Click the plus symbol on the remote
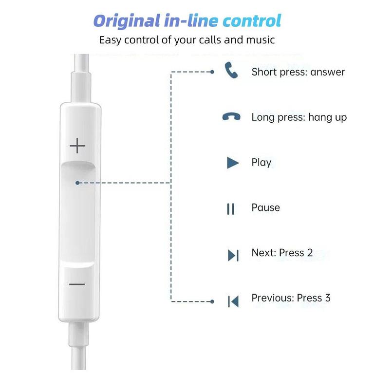pyautogui.click(x=77, y=146)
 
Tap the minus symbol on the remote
pyautogui.click(x=77, y=284)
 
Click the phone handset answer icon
pyautogui.click(x=231, y=71)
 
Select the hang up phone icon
pyautogui.click(x=231, y=117)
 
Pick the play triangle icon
pyautogui.click(x=233, y=163)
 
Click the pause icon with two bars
pyautogui.click(x=231, y=209)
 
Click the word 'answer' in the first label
pyautogui.click(x=327, y=72)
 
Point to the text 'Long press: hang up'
pyautogui.click(x=299, y=117)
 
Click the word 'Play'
pyautogui.click(x=261, y=163)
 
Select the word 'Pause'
pyautogui.click(x=265, y=207)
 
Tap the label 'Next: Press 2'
pyautogui.click(x=282, y=253)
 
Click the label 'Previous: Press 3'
pyautogui.click(x=291, y=298)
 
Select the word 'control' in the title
pyautogui.click(x=251, y=21)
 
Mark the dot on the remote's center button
pyautogui.click(x=77, y=183)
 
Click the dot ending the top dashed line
pyautogui.click(x=212, y=72)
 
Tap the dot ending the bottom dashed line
pyautogui.click(x=212, y=301)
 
